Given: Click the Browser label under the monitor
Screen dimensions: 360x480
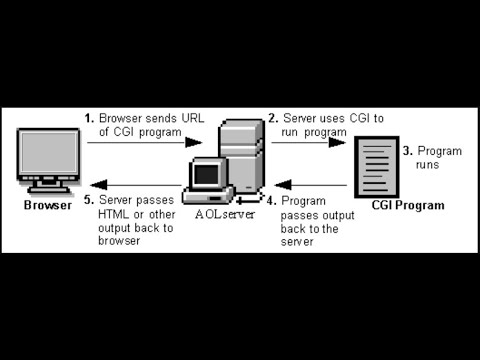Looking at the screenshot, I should coord(48,206).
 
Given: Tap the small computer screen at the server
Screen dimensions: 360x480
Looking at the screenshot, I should coord(206,174).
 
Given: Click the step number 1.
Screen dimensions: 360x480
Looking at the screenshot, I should coord(88,118).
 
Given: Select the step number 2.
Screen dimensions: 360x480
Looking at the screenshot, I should coord(274,118).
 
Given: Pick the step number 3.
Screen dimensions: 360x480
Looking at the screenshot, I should coord(407,151).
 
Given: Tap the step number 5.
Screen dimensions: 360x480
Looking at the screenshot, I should coord(88,201).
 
